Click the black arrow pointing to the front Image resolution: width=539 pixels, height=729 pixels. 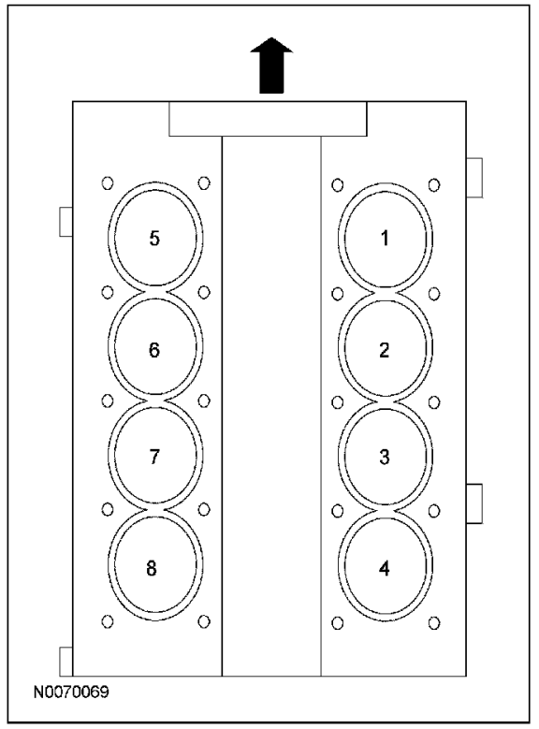point(271,66)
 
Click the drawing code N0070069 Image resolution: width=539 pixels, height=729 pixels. point(71,692)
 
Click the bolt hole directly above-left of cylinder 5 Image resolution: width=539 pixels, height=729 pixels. point(108,182)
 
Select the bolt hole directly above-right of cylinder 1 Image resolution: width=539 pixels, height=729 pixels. point(434,185)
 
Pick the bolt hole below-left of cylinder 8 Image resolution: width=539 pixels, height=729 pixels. point(108,621)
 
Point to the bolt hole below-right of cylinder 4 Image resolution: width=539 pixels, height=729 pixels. point(434,623)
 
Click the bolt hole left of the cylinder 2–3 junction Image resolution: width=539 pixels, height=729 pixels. point(338,402)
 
